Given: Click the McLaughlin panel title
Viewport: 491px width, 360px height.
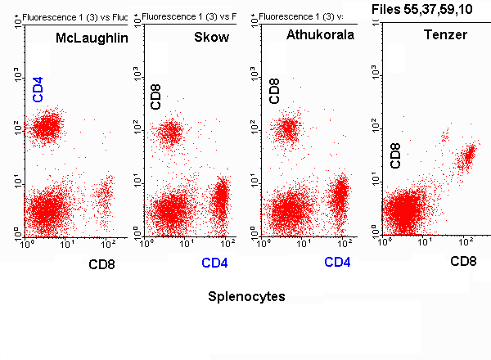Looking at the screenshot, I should [x=92, y=38].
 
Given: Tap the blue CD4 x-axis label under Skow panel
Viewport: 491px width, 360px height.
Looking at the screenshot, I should [x=215, y=263].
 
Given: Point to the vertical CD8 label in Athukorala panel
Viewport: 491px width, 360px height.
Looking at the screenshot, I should [x=275, y=91].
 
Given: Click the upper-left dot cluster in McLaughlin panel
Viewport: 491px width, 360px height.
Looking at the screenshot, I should [x=46, y=127].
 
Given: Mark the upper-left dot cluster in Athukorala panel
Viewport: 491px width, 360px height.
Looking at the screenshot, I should [x=288, y=128].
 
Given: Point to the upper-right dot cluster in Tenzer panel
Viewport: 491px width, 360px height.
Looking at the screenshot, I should [x=466, y=155].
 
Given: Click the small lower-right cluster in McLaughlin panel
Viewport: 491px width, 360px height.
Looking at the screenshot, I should [x=104, y=195].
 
